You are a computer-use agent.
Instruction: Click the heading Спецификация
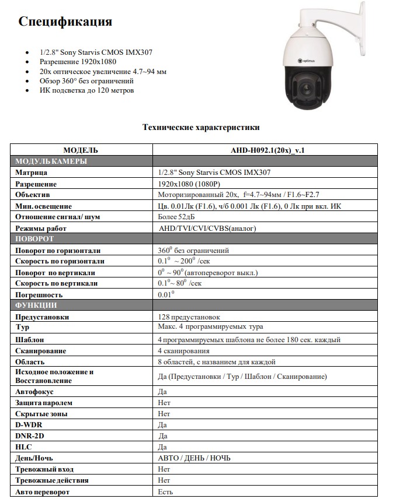pos(65,22)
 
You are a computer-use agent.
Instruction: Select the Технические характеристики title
pos(201,127)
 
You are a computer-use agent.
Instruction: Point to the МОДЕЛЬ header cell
pos(81,150)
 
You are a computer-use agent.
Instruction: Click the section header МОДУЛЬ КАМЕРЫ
pos(51,161)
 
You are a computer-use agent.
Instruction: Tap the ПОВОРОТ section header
pos(34,239)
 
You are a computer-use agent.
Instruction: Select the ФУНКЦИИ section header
pos(36,305)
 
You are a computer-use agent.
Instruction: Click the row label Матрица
pos(32,173)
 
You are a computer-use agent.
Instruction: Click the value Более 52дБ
pos(176,217)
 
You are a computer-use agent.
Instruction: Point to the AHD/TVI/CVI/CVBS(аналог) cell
pos(207,229)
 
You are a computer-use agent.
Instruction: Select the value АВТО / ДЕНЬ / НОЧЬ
pos(194,458)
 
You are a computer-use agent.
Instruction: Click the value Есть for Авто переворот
pos(165,492)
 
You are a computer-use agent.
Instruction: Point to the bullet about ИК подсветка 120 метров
pos(87,90)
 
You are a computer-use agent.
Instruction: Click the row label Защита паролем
pos(44,403)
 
